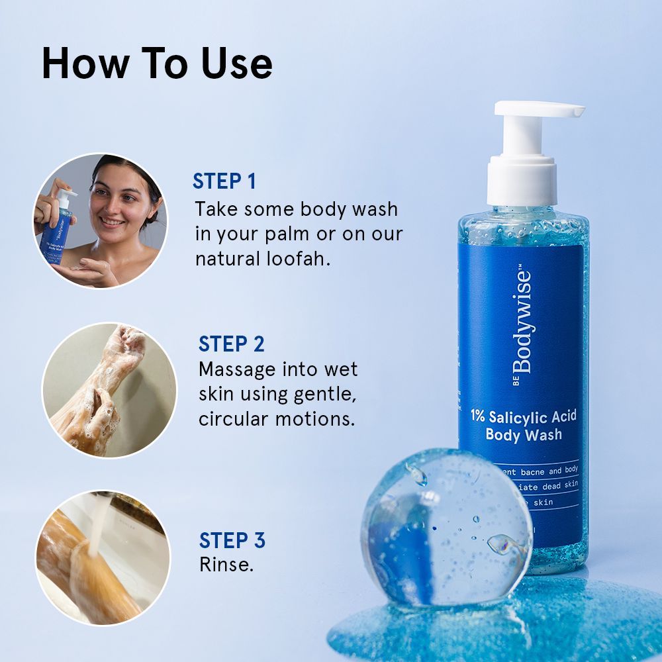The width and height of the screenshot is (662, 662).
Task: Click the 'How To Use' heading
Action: tap(157, 64)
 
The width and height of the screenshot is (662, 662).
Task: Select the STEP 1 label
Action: tap(224, 181)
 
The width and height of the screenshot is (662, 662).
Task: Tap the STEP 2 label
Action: tap(231, 344)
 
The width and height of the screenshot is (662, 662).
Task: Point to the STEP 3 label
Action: tap(232, 540)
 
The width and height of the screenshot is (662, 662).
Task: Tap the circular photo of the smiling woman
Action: tap(101, 220)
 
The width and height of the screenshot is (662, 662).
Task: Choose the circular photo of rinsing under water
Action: tap(102, 557)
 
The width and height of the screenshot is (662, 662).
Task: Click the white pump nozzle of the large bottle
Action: tap(540, 111)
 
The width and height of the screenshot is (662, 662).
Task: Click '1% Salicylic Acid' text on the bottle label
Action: tap(523, 416)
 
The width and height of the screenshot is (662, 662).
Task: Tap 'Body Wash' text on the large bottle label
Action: tap(523, 434)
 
